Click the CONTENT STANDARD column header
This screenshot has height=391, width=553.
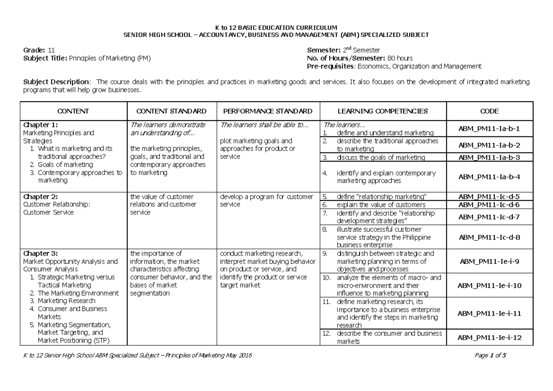171,111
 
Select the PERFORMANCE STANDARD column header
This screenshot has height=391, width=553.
267,111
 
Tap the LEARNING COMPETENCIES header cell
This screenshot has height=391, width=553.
382,111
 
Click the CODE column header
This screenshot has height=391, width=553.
489,111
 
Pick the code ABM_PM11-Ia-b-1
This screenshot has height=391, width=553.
489,129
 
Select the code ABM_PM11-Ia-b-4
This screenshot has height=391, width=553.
489,177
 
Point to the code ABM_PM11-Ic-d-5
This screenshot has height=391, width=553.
489,196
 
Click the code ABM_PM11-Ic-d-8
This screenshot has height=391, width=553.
489,237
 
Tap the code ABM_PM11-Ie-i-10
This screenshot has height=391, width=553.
489,286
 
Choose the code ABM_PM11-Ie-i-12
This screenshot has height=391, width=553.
489,338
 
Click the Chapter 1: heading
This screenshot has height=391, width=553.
41,125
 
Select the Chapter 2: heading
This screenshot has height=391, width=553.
41,197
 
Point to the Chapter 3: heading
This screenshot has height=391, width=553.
41,253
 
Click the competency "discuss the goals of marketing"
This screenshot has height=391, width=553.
381,158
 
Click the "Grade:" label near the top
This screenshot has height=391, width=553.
34,50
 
